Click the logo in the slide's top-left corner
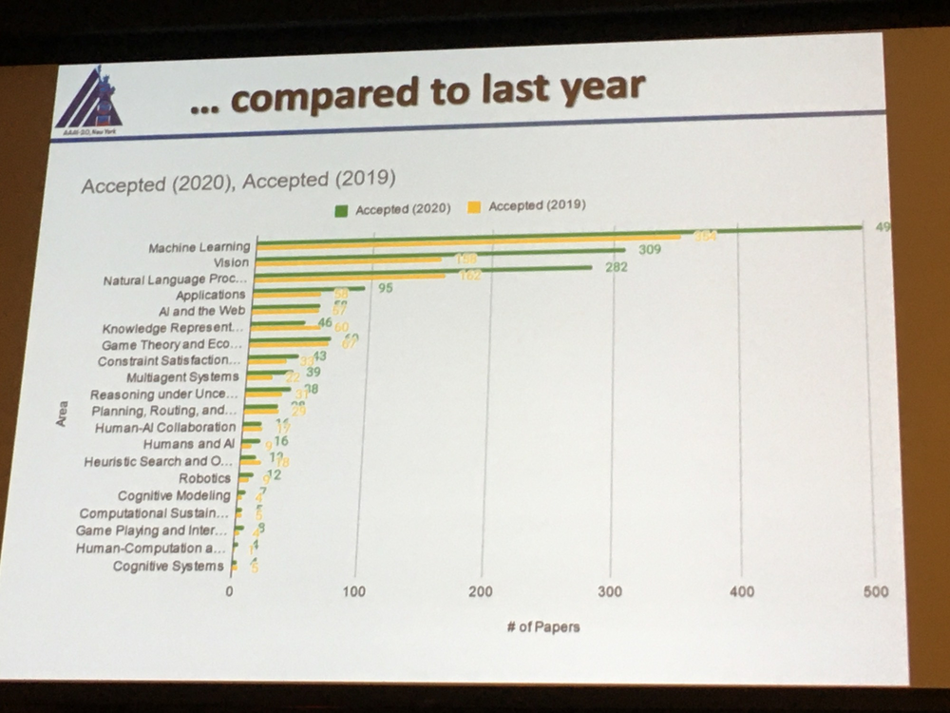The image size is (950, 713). point(90,100)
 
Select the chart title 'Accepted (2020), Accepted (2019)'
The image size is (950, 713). point(237,183)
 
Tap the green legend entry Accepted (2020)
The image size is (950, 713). point(393,209)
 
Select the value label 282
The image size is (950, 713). point(617,267)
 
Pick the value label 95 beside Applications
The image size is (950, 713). point(385,286)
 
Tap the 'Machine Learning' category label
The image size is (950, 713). point(199,247)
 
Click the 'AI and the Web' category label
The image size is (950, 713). point(201,311)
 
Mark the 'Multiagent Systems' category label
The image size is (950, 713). point(182,377)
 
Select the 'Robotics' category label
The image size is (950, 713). point(204,478)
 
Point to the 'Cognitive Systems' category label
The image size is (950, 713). point(168,567)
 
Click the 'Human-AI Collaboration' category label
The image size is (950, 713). point(164,428)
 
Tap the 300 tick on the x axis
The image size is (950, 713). point(611,591)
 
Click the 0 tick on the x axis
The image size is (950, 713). point(230,591)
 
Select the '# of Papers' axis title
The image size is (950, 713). point(542,626)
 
